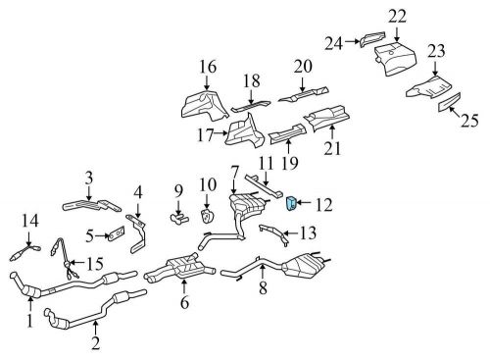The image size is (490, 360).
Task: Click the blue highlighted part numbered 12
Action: (x=291, y=203)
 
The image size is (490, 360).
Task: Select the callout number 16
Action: (x=207, y=67)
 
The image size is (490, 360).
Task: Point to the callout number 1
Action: (x=29, y=320)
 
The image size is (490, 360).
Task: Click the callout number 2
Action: (x=96, y=342)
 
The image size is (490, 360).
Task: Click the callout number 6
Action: (x=182, y=303)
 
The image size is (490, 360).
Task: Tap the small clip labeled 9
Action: (x=178, y=216)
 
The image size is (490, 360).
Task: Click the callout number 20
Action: (x=302, y=67)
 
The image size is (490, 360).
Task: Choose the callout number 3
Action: (x=88, y=177)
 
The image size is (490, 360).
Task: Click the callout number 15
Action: (x=96, y=263)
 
